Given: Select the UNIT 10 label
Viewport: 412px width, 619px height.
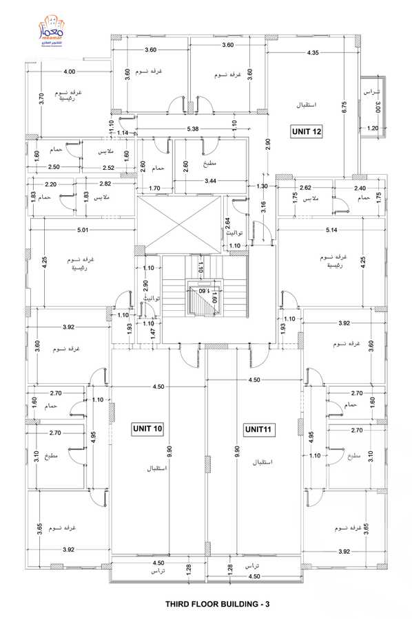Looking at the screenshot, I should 147,429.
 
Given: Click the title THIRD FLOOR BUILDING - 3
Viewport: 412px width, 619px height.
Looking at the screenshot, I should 217,605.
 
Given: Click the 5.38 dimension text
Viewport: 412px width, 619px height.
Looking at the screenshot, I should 193,129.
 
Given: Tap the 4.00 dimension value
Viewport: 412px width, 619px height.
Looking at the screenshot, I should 69,72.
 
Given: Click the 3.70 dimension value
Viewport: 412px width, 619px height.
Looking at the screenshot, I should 41,97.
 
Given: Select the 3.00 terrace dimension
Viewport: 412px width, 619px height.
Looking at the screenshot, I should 378,107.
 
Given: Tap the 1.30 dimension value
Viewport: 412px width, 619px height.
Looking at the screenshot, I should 262,186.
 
